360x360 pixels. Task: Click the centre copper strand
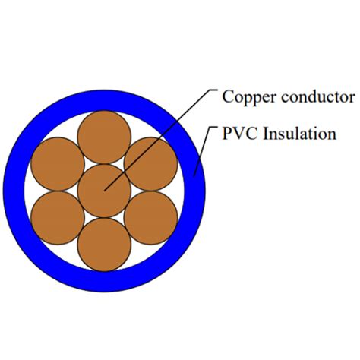[x=104, y=190]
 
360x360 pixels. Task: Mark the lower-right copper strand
[x=150, y=216]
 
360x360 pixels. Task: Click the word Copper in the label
[x=245, y=97]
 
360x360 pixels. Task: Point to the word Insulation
[x=299, y=135]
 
